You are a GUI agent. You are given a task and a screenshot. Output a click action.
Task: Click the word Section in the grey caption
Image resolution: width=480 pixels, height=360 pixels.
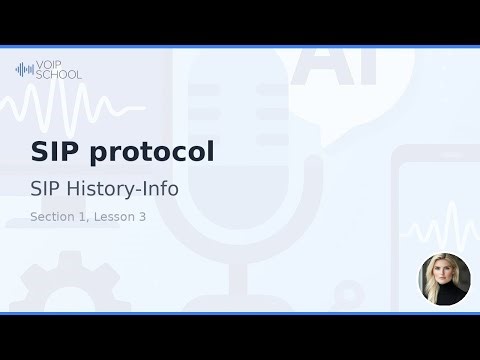click(x=54, y=216)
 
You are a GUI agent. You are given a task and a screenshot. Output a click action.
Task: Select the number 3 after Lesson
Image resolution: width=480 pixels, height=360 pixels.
click(x=143, y=216)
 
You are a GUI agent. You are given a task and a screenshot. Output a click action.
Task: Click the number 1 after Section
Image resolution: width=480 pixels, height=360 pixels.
click(x=86, y=216)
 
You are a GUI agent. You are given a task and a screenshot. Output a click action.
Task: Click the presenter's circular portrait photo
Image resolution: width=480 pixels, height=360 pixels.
click(x=443, y=278)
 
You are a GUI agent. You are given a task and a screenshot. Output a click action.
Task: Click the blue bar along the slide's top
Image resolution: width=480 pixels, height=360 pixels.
click(x=240, y=46)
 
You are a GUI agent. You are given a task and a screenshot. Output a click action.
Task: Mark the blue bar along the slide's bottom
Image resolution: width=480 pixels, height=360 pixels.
click(x=240, y=313)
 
